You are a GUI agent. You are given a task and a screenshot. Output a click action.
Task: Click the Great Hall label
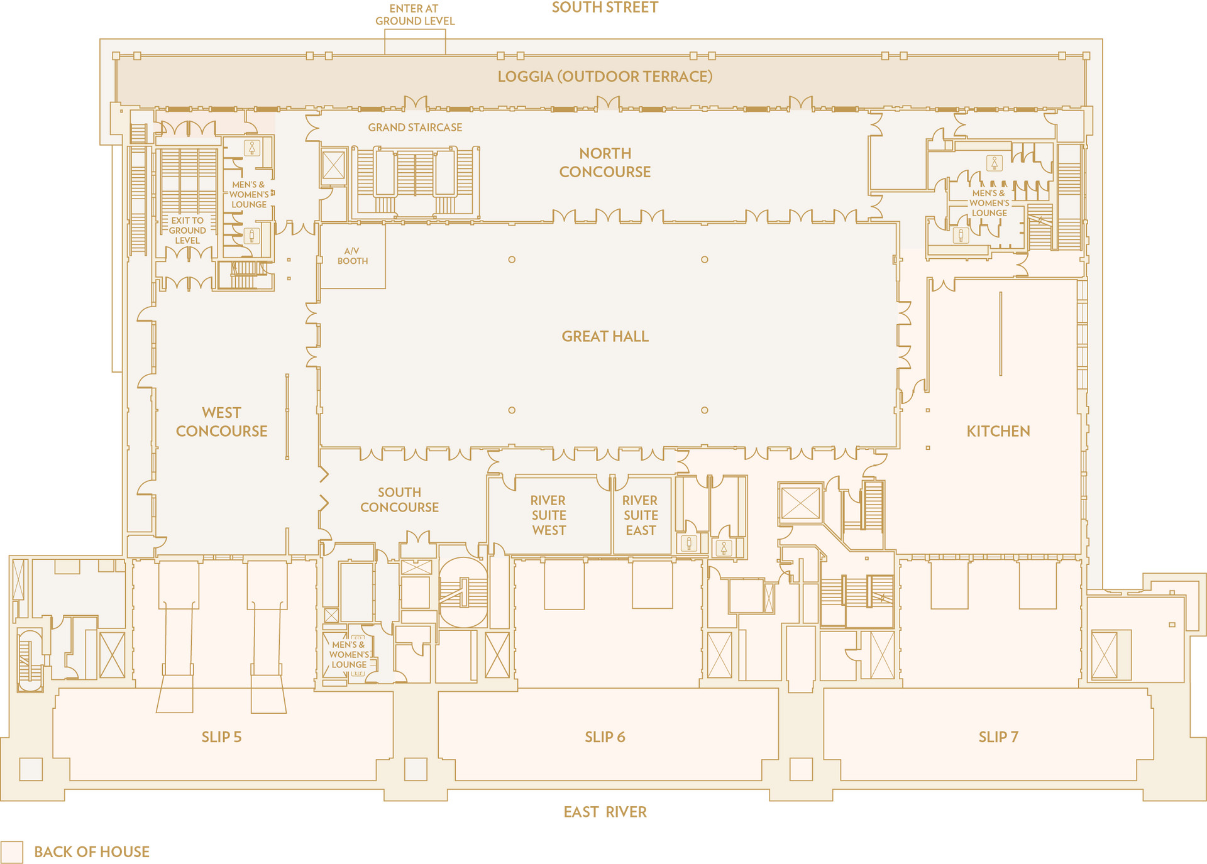pos(605,336)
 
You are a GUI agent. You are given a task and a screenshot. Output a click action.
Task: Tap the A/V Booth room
pos(352,256)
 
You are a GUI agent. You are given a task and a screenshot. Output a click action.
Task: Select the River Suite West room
pos(549,515)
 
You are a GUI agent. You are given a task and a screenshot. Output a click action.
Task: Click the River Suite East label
pos(640,515)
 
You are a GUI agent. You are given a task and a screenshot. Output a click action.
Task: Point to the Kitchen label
pos(998,431)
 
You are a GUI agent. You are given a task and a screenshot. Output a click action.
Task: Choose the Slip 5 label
pos(221,737)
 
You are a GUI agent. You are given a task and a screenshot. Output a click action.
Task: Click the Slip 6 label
pos(605,737)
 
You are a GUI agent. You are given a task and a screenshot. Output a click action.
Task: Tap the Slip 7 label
pos(998,737)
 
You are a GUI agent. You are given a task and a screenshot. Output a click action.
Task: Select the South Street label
pos(605,8)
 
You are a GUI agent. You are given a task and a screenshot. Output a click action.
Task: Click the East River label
pos(605,812)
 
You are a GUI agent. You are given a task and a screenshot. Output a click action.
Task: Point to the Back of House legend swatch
pos(11,852)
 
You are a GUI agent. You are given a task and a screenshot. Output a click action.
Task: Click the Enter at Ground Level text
pos(415,14)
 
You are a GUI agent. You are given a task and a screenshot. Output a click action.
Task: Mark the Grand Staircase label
pos(415,128)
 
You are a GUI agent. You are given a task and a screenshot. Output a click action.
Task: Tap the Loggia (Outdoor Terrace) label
pos(605,77)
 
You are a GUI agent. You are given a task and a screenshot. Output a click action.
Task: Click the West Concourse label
pos(221,422)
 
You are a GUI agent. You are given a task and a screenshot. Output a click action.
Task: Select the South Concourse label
pos(399,500)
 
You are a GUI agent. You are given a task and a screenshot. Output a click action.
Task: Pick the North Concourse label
pos(605,162)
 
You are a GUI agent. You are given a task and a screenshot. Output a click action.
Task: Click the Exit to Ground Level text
pos(187,231)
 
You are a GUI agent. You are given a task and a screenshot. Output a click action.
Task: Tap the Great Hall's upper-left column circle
pos(512,260)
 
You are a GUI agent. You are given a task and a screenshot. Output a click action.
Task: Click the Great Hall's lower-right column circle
pos(705,410)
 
